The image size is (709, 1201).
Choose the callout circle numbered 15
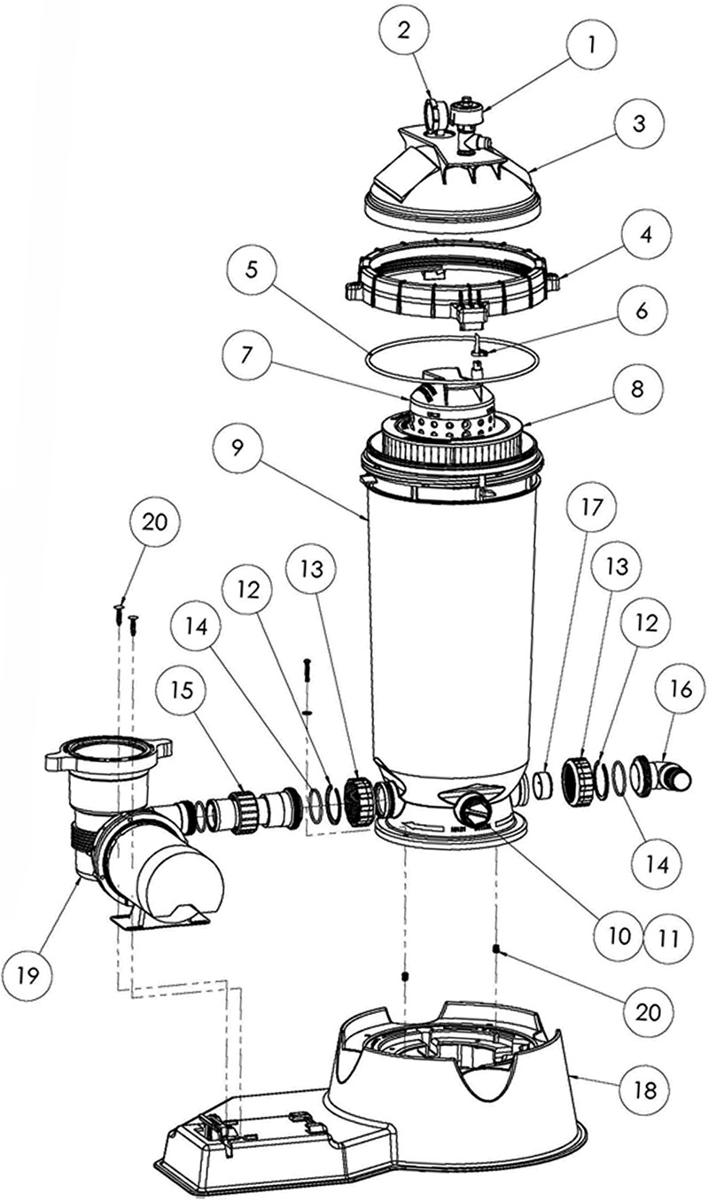[182, 686]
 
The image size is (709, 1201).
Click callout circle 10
[619, 933]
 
